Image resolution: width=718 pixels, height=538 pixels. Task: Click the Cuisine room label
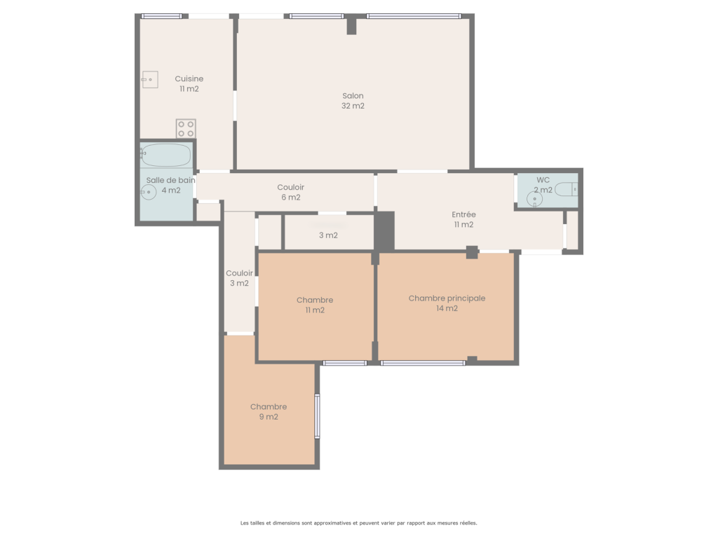tap(189, 78)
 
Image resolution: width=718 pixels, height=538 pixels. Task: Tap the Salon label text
tap(353, 95)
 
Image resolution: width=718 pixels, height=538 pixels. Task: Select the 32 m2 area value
tap(353, 106)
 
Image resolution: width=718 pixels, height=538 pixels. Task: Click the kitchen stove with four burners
tap(186, 129)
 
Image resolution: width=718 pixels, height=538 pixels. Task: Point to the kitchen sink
tap(150, 80)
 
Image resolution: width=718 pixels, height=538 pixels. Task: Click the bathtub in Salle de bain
tap(165, 155)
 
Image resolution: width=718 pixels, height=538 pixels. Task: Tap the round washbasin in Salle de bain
tap(149, 192)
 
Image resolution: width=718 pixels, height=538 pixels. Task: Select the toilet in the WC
tap(567, 189)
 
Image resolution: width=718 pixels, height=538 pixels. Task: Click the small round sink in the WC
tap(534, 199)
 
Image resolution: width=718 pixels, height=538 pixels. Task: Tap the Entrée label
tap(464, 214)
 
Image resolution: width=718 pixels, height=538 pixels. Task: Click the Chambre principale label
tap(447, 298)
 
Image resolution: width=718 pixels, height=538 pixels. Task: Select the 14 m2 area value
tap(447, 308)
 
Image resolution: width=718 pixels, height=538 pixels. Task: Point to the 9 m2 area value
tap(269, 417)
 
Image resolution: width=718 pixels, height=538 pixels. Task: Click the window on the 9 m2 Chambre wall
tap(318, 416)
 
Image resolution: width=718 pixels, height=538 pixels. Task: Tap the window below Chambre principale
tap(423, 363)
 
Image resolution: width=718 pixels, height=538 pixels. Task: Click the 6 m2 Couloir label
tap(291, 192)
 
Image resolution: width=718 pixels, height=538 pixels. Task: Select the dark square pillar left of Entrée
tap(385, 231)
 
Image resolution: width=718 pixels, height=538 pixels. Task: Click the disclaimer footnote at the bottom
tap(358, 523)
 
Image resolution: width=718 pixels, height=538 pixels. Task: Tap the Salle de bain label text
tap(171, 180)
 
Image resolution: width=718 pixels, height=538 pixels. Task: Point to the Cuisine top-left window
tap(162, 16)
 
